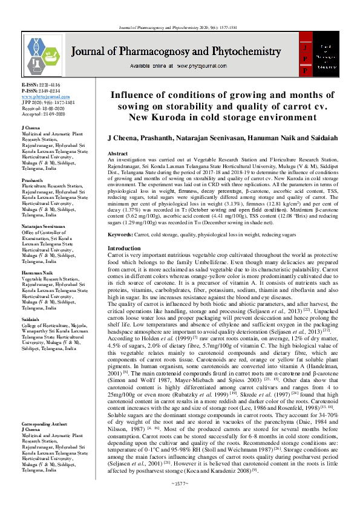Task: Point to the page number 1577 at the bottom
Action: pyautogui.click(x=180, y=501)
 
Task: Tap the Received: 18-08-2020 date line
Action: pyautogui.click(x=44, y=106)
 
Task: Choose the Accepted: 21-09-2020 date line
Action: pyautogui.click(x=44, y=112)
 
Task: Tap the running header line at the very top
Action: pyautogui.click(x=180, y=28)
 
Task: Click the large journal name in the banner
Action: pyautogui.click(x=179, y=52)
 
